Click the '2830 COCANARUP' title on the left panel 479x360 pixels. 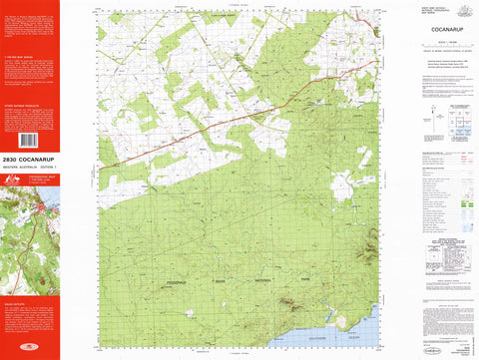tap(29, 158)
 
